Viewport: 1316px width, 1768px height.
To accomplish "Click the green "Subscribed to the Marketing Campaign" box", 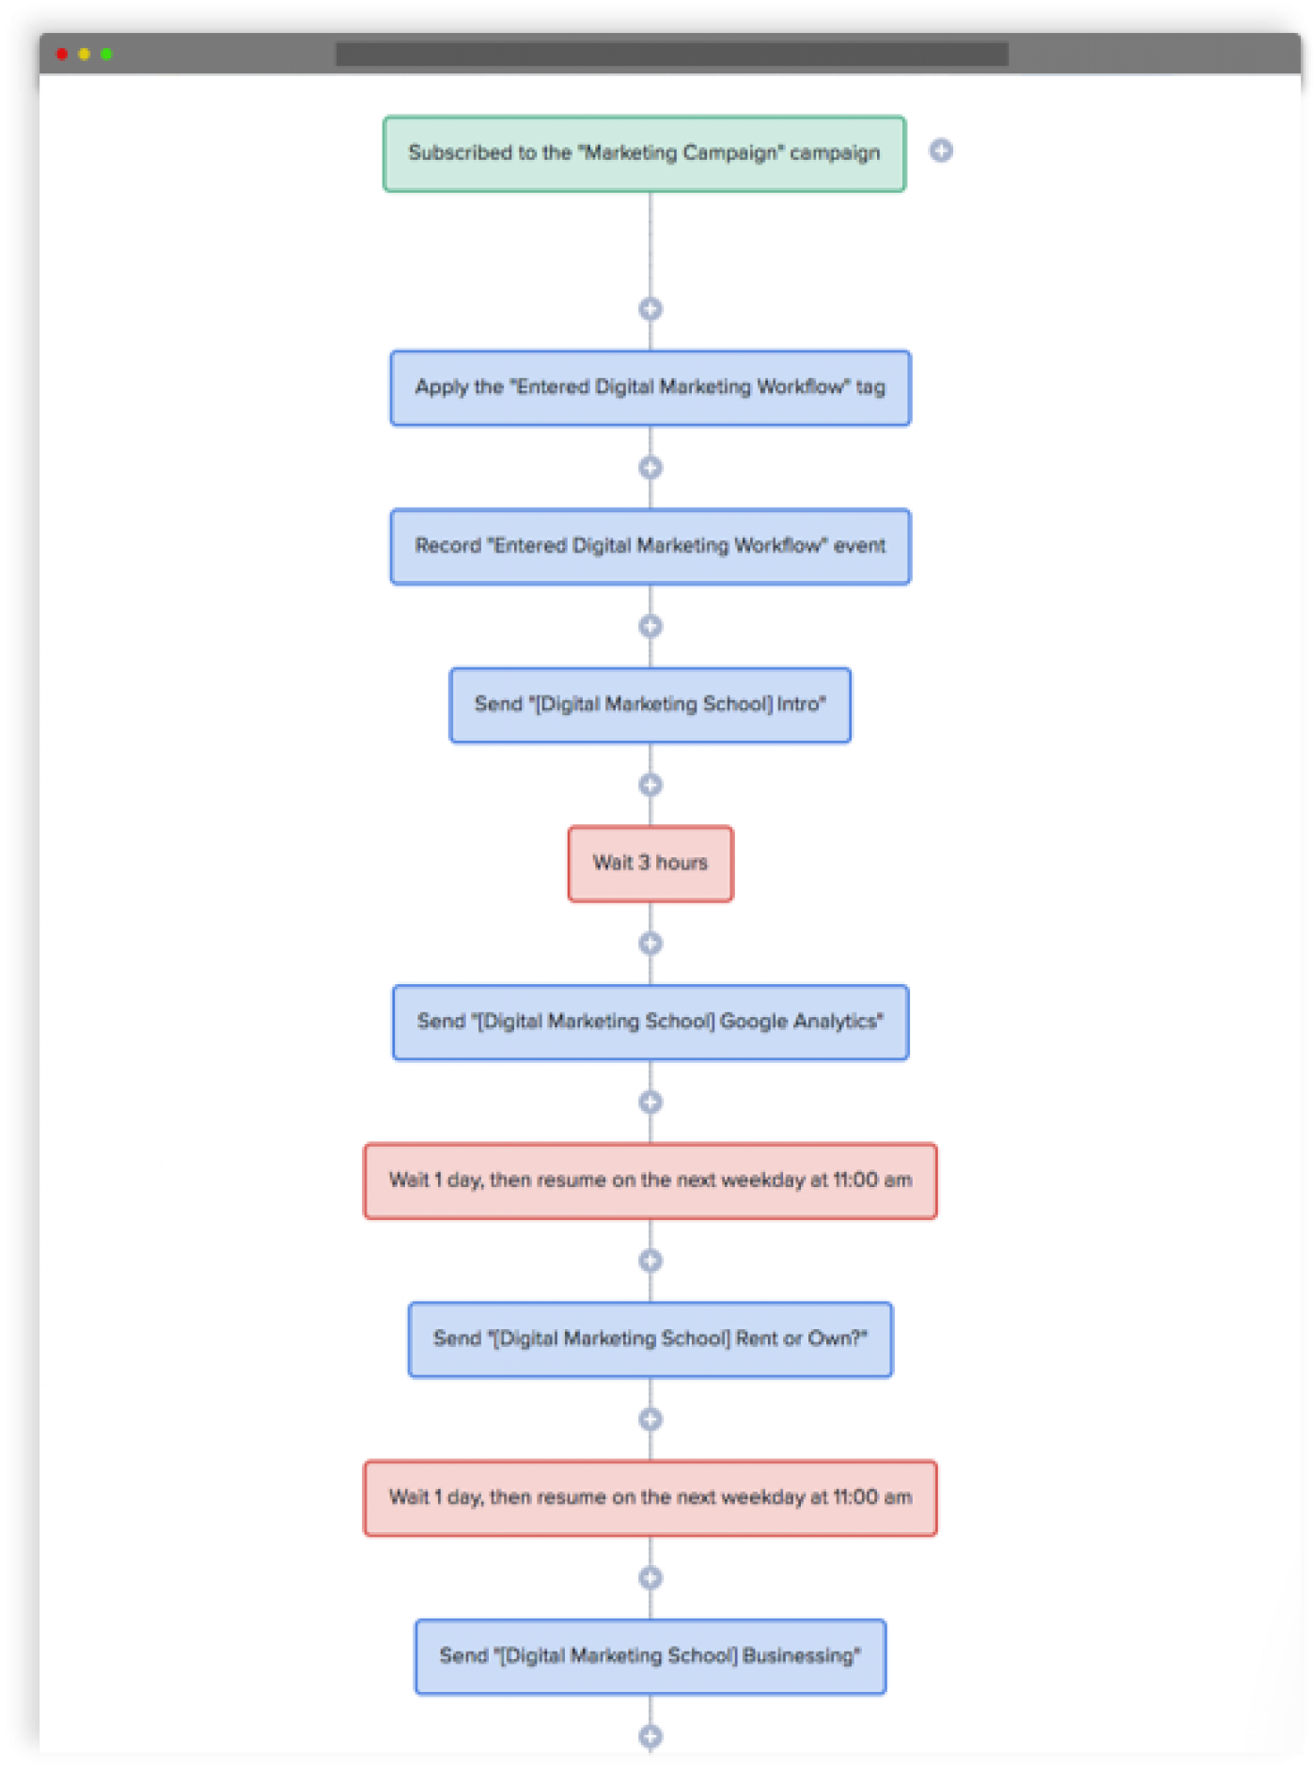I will [x=644, y=153].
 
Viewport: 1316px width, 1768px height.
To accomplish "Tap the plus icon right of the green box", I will [x=941, y=150].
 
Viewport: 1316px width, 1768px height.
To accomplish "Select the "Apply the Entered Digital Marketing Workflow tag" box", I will [x=650, y=387].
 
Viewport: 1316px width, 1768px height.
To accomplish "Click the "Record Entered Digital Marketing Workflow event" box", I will [x=650, y=546].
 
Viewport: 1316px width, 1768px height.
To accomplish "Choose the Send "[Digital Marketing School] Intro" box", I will [x=650, y=705].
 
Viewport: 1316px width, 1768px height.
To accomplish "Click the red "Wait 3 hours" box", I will [x=650, y=863].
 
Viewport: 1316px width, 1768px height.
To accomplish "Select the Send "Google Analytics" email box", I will [x=650, y=1022].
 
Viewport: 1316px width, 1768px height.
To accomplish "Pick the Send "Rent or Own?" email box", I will [x=650, y=1338].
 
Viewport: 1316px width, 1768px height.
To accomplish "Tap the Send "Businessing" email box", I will [x=650, y=1656].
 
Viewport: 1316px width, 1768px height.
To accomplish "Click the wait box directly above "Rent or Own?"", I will [x=650, y=1181].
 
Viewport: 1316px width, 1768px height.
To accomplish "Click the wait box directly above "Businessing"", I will [x=650, y=1497].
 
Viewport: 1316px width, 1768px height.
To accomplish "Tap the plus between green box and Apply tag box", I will [x=650, y=308].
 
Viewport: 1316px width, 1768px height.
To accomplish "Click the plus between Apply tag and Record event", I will [x=650, y=467].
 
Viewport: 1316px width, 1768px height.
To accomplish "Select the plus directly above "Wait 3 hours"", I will [x=650, y=784].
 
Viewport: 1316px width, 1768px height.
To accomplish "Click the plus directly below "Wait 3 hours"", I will [x=650, y=943].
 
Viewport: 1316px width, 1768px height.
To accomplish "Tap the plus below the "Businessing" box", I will [x=650, y=1735].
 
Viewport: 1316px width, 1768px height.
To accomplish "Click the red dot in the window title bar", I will [x=62, y=54].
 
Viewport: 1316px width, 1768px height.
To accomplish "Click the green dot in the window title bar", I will [x=106, y=54].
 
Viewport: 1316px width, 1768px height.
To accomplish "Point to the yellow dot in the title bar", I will [x=85, y=54].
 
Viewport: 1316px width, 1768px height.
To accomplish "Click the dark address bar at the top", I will [x=671, y=54].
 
